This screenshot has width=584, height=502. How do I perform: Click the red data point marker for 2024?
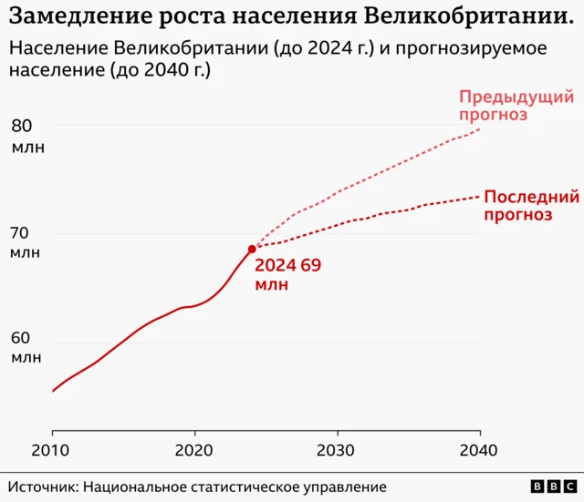point(252,249)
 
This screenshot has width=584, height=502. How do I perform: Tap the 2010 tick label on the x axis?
point(52,450)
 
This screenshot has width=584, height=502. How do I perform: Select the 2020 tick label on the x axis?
point(194,450)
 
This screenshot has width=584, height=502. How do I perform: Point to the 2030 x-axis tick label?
point(337,450)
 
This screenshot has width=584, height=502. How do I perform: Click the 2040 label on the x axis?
point(478,450)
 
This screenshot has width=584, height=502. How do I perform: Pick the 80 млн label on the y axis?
point(26,136)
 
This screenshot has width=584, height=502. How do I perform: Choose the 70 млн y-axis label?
point(26,242)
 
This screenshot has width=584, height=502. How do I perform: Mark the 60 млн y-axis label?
point(26,347)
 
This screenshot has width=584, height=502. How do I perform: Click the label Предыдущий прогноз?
point(503,106)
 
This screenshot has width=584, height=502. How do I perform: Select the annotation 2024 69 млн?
point(287,274)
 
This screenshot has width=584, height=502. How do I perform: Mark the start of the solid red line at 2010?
point(53,391)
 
